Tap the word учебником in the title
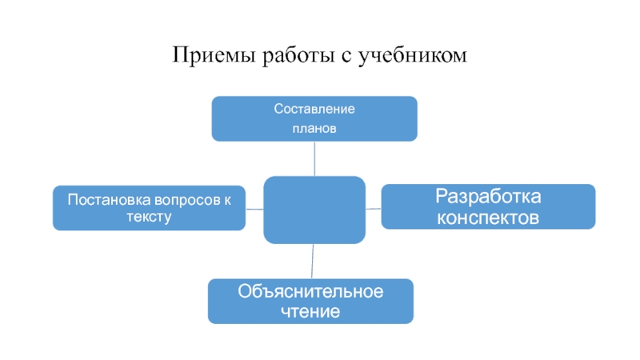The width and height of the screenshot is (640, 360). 413,55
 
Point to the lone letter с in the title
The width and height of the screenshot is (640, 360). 346,57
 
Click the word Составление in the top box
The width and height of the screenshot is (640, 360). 314,109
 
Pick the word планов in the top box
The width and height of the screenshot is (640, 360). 314,129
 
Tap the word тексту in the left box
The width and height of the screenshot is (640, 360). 149,217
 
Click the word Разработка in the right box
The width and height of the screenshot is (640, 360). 488,196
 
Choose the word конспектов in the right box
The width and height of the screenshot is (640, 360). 488,218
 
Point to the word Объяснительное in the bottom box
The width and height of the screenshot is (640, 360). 310,291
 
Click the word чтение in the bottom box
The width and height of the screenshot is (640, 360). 310,312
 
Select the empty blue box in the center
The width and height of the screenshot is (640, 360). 314,210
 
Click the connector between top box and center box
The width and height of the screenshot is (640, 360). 314,158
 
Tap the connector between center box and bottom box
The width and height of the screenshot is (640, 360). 312,262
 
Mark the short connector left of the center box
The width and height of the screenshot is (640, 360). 254,210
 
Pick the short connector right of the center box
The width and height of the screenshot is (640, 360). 374,209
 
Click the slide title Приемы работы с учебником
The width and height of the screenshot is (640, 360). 319,55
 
